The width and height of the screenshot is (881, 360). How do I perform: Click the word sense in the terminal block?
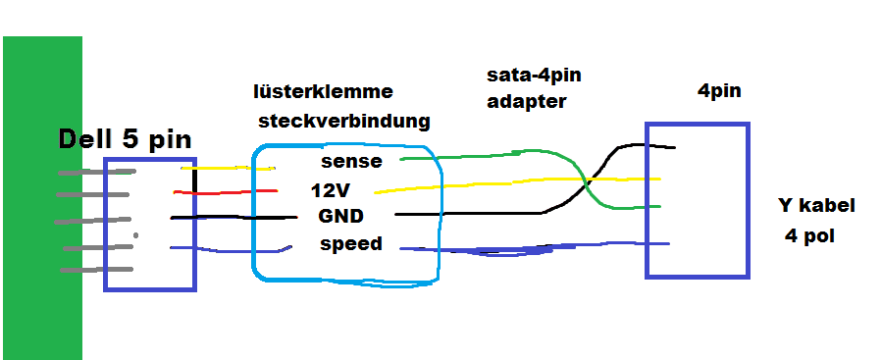point(351,162)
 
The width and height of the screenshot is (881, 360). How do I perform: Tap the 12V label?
point(331,191)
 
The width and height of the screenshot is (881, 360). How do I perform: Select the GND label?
point(340,216)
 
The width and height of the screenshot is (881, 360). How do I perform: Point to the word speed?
point(351,244)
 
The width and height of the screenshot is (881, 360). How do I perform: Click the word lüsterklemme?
point(323,91)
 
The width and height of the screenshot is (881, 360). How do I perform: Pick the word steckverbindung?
point(343,121)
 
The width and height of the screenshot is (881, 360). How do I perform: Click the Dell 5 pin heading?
point(125,139)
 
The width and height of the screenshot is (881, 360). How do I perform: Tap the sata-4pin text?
point(534,76)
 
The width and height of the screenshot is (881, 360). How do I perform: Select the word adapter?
point(527,102)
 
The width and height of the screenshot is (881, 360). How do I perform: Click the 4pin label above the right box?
point(719,91)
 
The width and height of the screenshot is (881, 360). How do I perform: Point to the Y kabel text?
point(816,206)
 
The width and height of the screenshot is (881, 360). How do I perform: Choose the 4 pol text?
point(809,235)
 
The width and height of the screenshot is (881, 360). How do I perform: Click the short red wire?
point(226,192)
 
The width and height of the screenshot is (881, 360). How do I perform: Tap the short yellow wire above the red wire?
point(229,168)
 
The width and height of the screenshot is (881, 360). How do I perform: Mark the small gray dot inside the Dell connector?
point(135,235)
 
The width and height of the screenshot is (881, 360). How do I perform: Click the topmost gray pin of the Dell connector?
point(97,172)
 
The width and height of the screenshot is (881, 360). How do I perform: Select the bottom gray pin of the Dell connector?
point(97,270)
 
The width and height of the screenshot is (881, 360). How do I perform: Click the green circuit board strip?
point(43,198)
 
